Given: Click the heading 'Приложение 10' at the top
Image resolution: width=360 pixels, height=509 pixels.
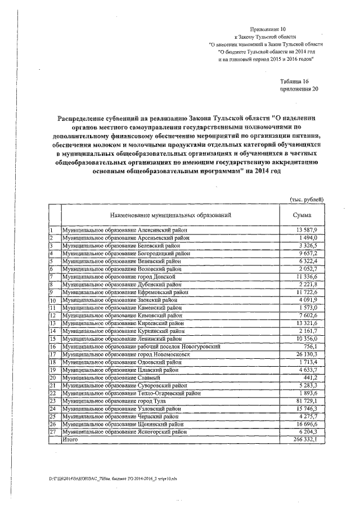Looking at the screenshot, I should pos(268,28).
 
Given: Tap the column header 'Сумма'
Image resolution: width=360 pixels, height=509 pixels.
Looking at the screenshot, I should pos(303,215).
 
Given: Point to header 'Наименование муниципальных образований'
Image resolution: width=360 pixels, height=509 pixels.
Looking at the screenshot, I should pos(170,215).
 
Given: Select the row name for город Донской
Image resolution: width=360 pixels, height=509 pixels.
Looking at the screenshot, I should pos(119,277).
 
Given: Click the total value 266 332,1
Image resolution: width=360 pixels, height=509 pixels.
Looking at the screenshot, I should pos(305,439).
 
